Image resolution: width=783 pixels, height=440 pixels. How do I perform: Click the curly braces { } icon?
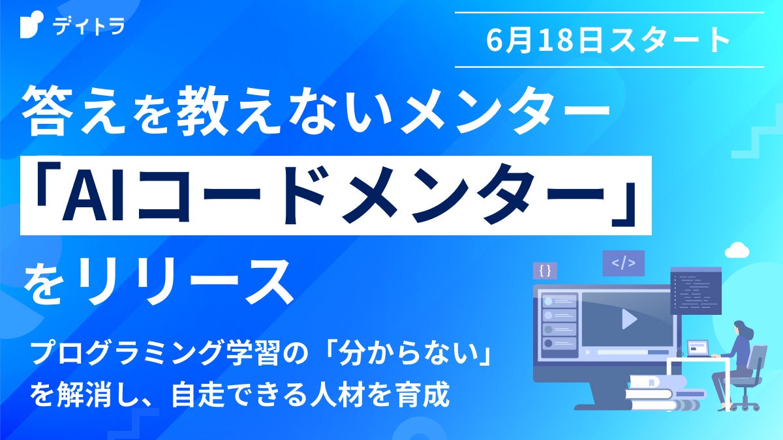click(x=545, y=269)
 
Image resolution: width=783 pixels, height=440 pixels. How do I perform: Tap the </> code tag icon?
click(x=622, y=263)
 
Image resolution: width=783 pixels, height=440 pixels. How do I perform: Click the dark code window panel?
click(x=696, y=292)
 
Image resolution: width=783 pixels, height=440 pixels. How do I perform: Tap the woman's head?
click(x=739, y=327)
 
